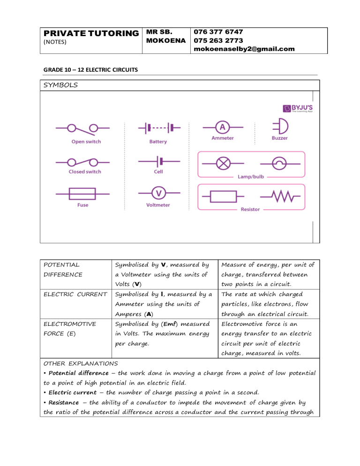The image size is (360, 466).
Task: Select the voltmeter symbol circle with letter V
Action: click(159, 193)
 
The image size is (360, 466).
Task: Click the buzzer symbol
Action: click(279, 127)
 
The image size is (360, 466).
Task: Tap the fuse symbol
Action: click(82, 193)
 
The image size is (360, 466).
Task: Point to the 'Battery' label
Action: click(158, 142)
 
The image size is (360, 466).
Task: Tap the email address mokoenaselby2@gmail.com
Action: click(244, 49)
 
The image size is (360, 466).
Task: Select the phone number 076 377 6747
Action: click(218, 32)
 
